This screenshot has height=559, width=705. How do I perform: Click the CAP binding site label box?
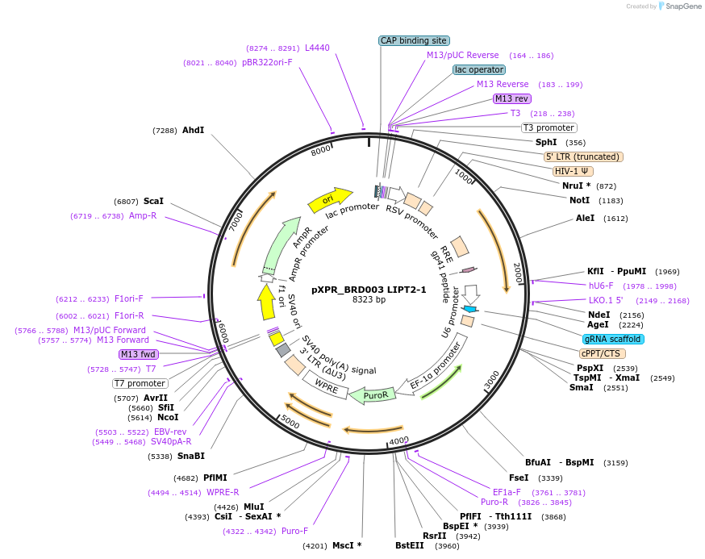point(414,40)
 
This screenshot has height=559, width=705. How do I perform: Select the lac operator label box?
point(479,69)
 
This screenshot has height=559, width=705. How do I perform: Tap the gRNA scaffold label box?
point(612,339)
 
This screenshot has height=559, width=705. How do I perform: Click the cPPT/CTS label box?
point(602,353)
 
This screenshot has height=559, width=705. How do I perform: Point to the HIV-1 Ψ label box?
point(574,171)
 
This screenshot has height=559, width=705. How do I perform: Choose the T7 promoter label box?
point(140,383)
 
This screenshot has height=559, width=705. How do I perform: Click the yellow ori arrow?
point(330,198)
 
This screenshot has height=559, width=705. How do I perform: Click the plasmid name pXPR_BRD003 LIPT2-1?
point(369,290)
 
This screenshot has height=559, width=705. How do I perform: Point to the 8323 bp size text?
point(369,300)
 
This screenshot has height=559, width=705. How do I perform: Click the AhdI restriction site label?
point(193,130)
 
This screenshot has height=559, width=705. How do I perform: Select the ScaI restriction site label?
point(153,201)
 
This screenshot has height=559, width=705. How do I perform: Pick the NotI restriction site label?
point(579,200)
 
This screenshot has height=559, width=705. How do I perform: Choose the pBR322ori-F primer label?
point(267,62)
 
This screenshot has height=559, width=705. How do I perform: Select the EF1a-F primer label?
point(507,491)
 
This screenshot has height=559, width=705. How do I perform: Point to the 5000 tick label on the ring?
point(290,424)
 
